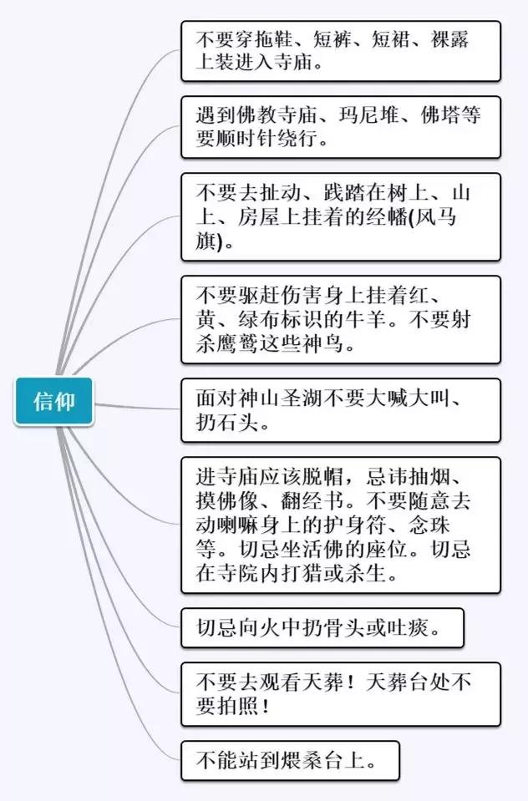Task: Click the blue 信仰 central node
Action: [54, 402]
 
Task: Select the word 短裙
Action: [393, 39]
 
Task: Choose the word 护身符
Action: [356, 525]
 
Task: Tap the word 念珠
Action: [429, 525]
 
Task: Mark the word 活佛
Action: [323, 549]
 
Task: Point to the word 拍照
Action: [239, 706]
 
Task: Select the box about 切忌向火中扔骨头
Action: [322, 628]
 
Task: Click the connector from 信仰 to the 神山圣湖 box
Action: [137, 407]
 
